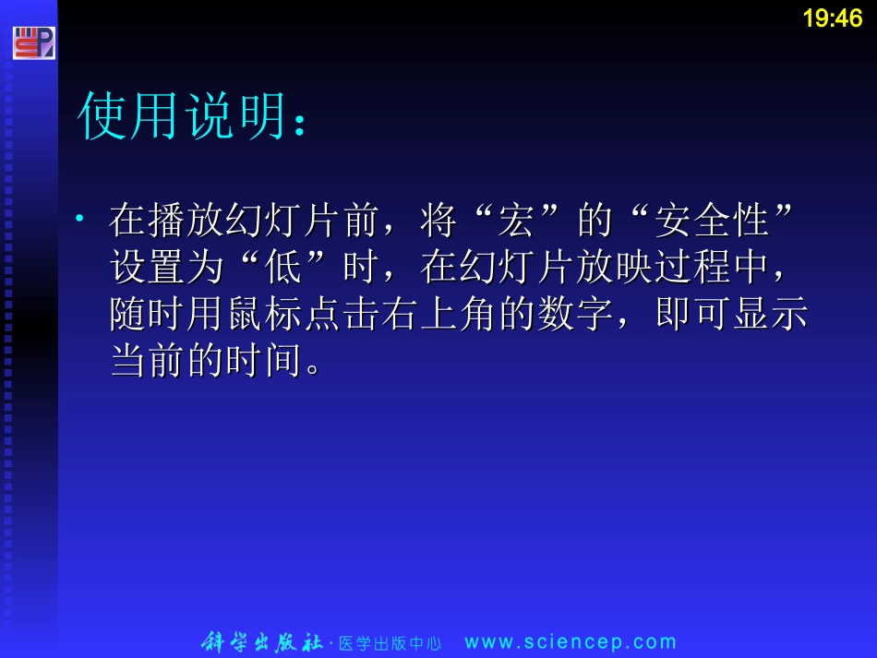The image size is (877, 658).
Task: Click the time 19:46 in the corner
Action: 832,18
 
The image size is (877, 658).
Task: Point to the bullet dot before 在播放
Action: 81,219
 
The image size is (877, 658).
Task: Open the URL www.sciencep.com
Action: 571,642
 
